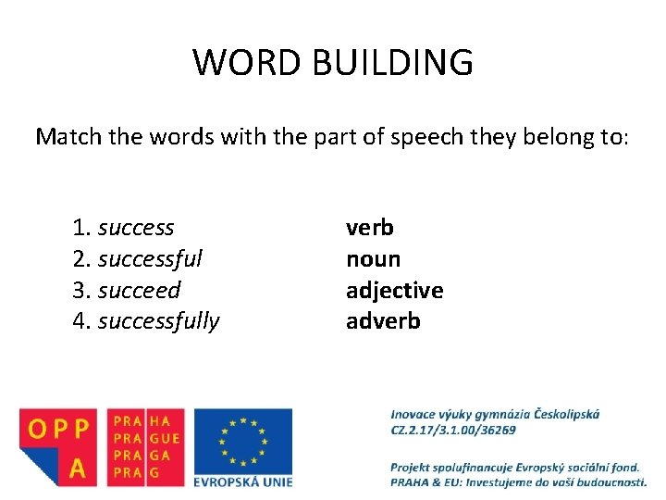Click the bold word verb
pos(370,227)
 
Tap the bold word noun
pos(373,258)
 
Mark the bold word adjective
pos(395,290)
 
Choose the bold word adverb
pos(383,321)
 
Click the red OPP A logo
pos(57,447)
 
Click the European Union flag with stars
pos(243,440)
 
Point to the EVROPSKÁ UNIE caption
pos(243,481)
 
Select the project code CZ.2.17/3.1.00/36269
pos(453,430)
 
